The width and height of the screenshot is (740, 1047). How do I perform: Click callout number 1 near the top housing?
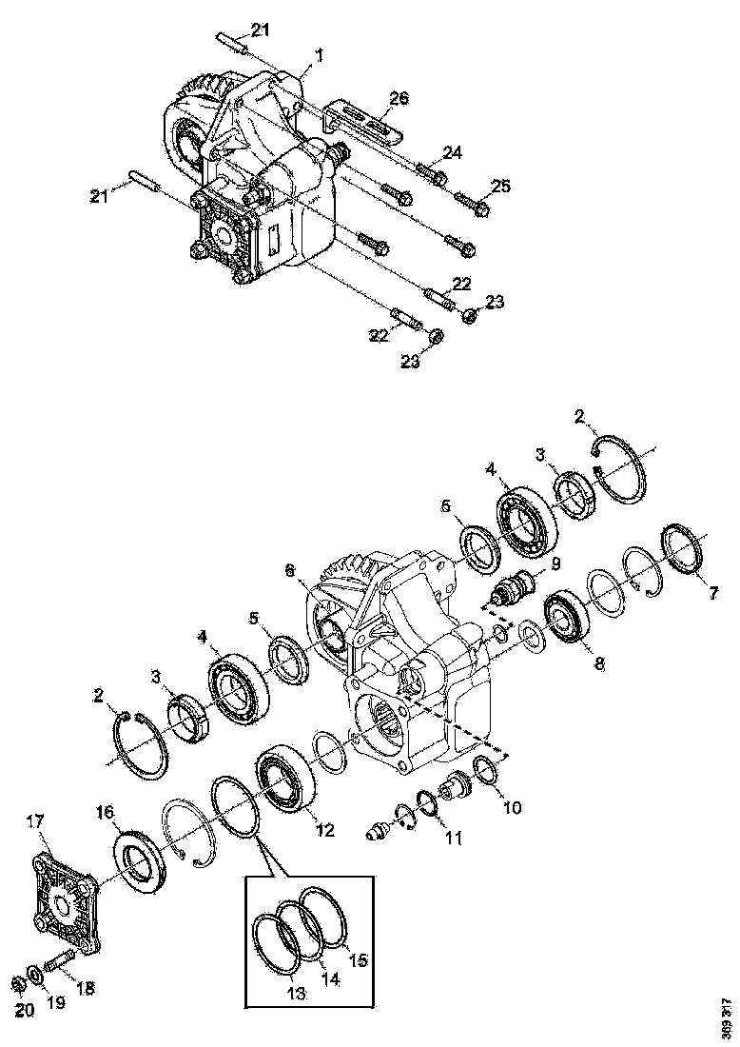tap(319, 57)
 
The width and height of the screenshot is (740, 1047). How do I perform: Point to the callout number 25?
tap(500, 185)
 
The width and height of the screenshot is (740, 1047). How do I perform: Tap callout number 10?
tap(512, 808)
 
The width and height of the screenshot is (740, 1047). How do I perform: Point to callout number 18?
tap(85, 989)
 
